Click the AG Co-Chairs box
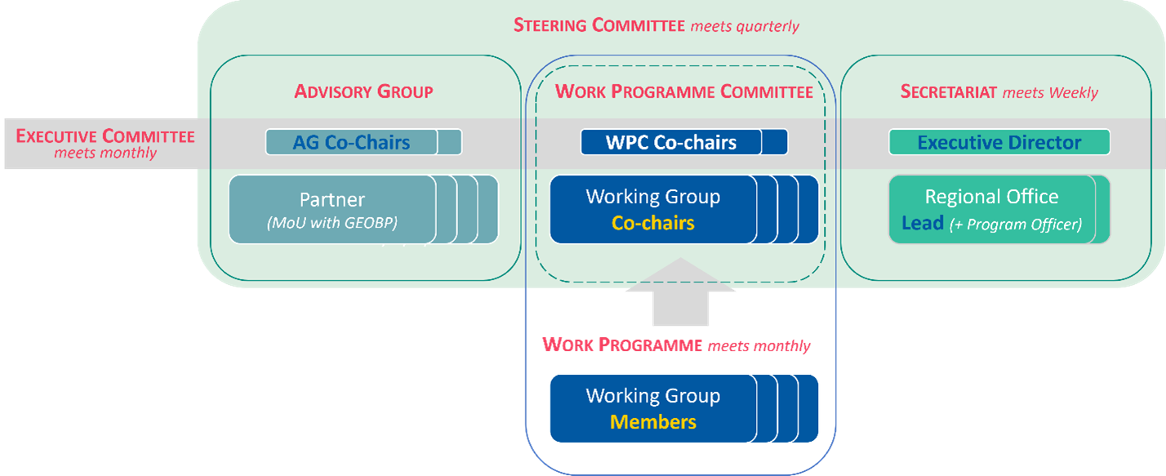pyautogui.click(x=352, y=142)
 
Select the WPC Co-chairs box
pyautogui.click(x=671, y=142)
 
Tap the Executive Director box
pyautogui.click(x=999, y=142)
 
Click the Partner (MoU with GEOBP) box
pyautogui.click(x=332, y=209)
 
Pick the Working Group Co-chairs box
pyautogui.click(x=652, y=209)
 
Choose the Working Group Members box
pyautogui.click(x=652, y=408)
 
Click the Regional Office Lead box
pyautogui.click(x=991, y=209)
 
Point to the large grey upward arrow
pyautogui.click(x=680, y=294)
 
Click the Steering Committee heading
pyautogui.click(x=599, y=25)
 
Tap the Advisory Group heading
pyautogui.click(x=363, y=91)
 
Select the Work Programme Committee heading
pyautogui.click(x=683, y=91)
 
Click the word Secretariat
pyautogui.click(x=948, y=91)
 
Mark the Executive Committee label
pyautogui.click(x=105, y=136)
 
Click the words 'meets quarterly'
pyautogui.click(x=745, y=26)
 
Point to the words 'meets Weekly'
pyautogui.click(x=1050, y=92)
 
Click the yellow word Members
pyautogui.click(x=652, y=422)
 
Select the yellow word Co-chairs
pyautogui.click(x=652, y=223)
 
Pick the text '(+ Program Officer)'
pyautogui.click(x=1015, y=224)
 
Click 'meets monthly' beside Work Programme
pyautogui.click(x=759, y=346)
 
